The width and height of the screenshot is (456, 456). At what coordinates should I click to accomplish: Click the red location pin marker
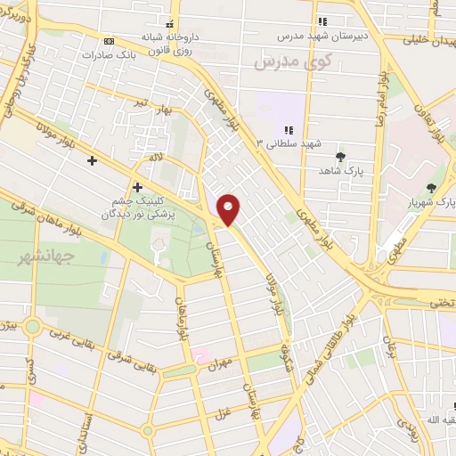[229, 209]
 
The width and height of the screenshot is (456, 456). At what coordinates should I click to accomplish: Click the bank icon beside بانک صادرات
[110, 41]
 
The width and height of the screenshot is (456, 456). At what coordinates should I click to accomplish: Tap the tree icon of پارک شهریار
[432, 188]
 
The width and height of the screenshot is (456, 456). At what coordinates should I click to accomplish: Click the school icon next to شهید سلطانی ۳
[289, 131]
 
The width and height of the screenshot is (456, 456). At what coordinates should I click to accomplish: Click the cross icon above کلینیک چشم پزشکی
[137, 187]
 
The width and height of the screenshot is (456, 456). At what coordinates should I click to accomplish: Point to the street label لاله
[158, 157]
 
